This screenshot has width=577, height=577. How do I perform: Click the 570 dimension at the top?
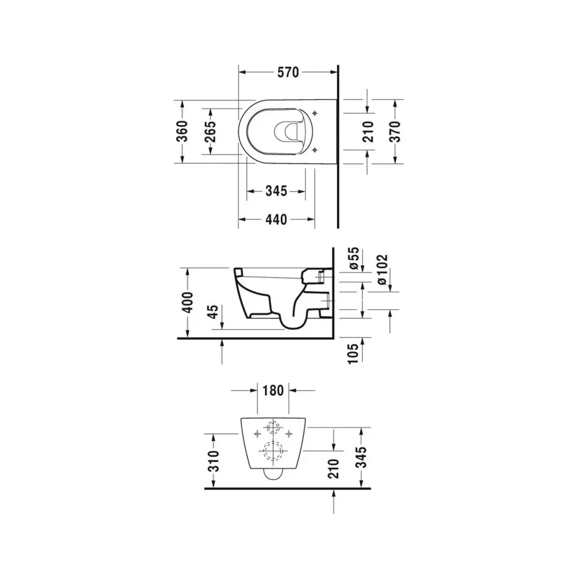click(288, 73)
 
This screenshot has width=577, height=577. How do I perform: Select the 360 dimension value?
click(182, 131)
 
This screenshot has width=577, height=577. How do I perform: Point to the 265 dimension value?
click(211, 131)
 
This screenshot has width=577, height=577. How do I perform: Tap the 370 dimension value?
click(394, 131)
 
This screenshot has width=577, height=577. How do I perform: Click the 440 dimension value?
click(276, 219)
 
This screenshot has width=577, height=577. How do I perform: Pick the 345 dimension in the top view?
click(276, 191)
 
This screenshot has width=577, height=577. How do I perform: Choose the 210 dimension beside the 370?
click(368, 131)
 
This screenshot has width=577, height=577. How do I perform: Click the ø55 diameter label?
click(353, 258)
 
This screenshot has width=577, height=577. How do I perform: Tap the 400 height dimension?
click(188, 303)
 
